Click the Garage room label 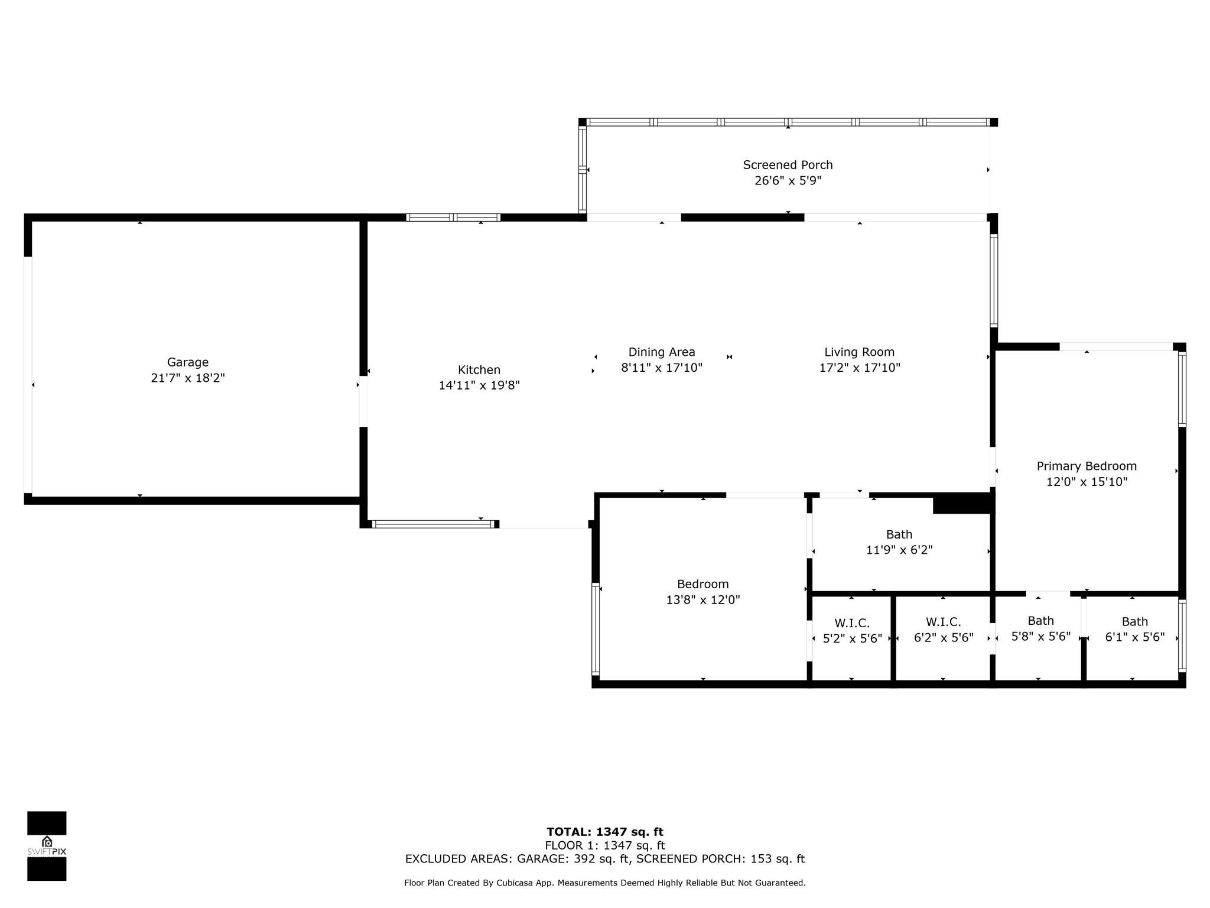click(x=187, y=362)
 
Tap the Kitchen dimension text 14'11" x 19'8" click(x=479, y=385)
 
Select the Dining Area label click(x=661, y=352)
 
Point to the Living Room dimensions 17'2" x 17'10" click(x=859, y=368)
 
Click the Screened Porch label click(x=788, y=165)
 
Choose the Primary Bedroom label click(x=1086, y=466)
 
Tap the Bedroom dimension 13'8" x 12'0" click(x=702, y=600)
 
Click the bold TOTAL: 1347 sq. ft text click(x=604, y=832)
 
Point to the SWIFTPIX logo click(x=47, y=845)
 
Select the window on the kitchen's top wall click(x=453, y=218)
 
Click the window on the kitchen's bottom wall click(x=433, y=524)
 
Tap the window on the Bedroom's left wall click(x=596, y=629)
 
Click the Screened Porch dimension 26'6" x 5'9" click(x=788, y=181)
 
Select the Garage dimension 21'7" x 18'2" click(x=187, y=378)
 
